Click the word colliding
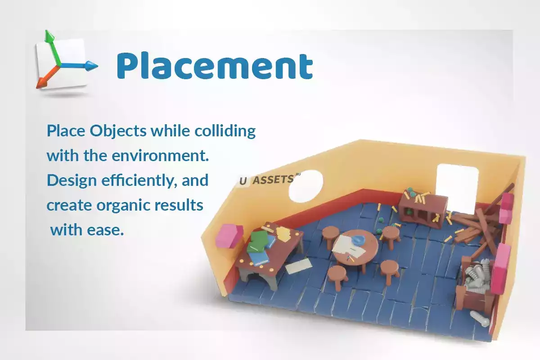coord(225,131)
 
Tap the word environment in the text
coord(160,156)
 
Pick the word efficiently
coord(137,180)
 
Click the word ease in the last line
coord(105,230)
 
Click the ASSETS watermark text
coord(273,180)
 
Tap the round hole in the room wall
coord(306,186)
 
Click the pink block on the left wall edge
coord(229,236)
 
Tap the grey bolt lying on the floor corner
coord(480,319)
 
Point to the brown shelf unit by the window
coord(423,210)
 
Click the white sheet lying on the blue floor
coord(298,266)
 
